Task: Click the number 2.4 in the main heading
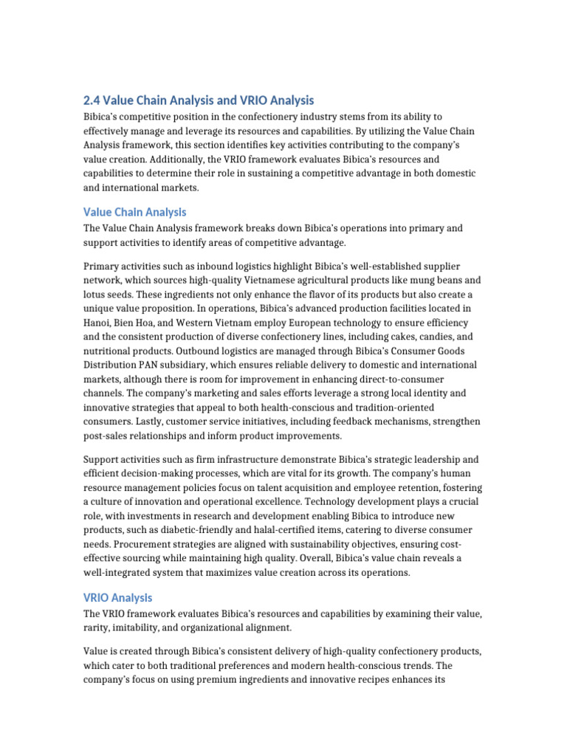92,100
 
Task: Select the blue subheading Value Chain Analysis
134,212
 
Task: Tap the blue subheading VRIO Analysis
117,597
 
